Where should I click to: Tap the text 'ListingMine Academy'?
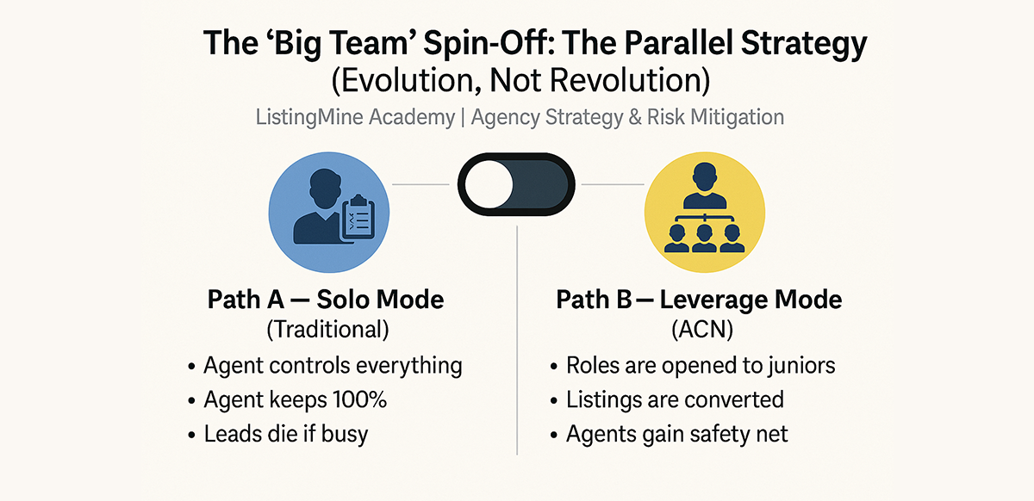(x=354, y=117)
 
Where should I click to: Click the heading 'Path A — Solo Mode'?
(x=326, y=300)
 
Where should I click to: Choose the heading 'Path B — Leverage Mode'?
(x=699, y=300)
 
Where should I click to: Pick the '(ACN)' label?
(x=699, y=330)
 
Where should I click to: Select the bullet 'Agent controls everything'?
(x=333, y=366)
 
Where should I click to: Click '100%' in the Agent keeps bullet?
(x=361, y=400)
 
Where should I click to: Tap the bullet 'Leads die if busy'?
(x=285, y=434)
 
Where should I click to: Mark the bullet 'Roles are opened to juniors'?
(x=700, y=366)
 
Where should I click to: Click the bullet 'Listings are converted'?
(x=674, y=400)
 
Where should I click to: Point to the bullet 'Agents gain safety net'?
(x=676, y=434)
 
